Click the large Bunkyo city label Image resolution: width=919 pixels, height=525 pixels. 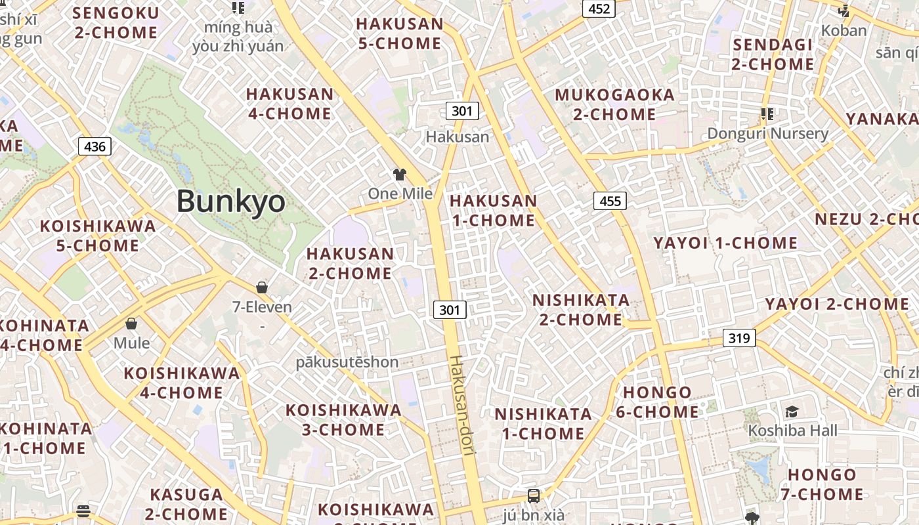(x=230, y=201)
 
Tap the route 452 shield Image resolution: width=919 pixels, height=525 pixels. (x=599, y=9)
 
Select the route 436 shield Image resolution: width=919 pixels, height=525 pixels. (x=95, y=146)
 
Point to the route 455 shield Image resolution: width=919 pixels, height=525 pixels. (x=610, y=201)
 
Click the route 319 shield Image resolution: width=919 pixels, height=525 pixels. (x=739, y=339)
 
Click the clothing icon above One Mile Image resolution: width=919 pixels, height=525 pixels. (x=399, y=174)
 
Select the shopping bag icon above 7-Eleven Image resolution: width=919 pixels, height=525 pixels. (x=262, y=287)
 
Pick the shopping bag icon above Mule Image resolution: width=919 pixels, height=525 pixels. (x=131, y=324)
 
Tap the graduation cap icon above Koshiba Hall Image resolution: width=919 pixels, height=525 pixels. (x=792, y=411)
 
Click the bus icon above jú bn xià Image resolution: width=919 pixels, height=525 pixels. (x=534, y=495)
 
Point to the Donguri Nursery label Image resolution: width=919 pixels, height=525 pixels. (x=767, y=134)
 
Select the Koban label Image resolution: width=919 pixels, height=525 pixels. (x=844, y=30)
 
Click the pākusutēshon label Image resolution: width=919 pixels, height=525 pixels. (x=347, y=362)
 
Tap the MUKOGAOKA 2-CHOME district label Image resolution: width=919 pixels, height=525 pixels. (x=614, y=104)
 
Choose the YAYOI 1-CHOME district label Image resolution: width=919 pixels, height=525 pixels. (x=725, y=243)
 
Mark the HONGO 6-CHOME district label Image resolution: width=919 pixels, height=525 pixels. (x=657, y=402)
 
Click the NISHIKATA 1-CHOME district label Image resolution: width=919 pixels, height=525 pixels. (x=544, y=424)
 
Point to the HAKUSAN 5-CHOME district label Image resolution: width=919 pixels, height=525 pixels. (x=399, y=34)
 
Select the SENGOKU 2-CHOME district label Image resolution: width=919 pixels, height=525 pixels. (x=116, y=22)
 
